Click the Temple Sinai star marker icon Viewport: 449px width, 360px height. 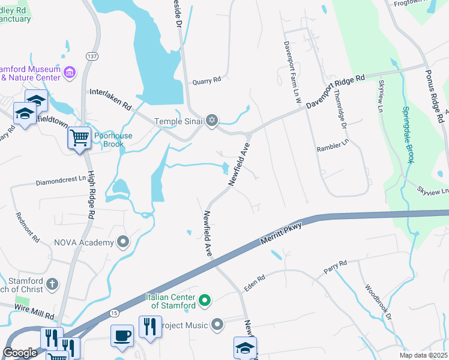(x=211, y=121)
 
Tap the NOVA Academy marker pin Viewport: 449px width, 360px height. (x=124, y=242)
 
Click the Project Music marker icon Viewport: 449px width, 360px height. (x=217, y=325)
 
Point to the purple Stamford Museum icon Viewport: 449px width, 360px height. (x=70, y=73)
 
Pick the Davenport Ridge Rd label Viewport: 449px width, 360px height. (x=335, y=92)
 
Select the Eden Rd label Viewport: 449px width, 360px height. (x=255, y=281)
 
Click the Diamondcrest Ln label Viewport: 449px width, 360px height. (x=61, y=181)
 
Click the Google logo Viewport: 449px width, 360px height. (x=20, y=353)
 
